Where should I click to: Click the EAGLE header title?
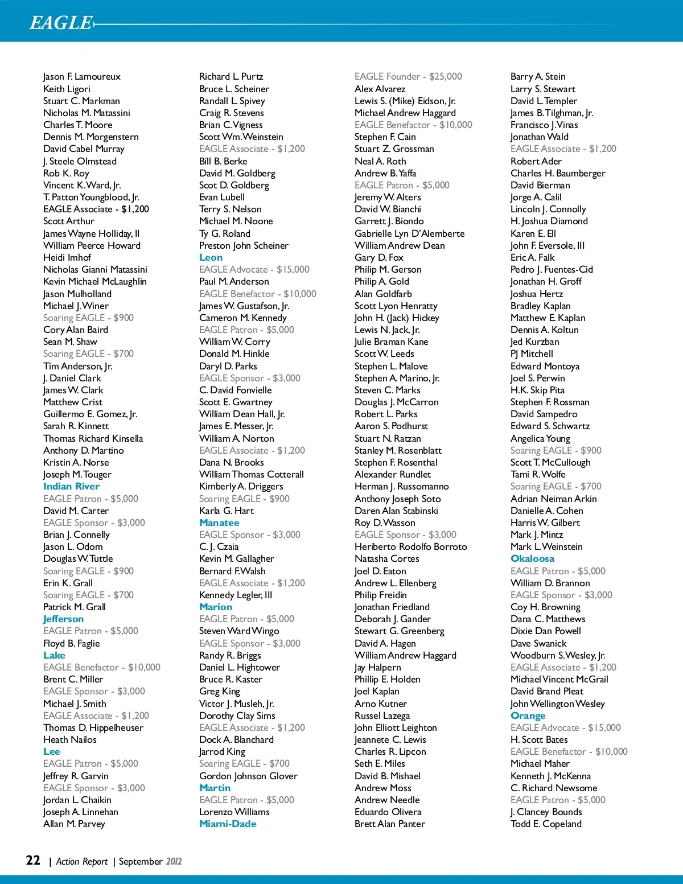tap(60, 22)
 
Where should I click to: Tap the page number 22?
tap(33, 860)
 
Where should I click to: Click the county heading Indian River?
tap(71, 486)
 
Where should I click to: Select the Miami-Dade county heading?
tap(228, 824)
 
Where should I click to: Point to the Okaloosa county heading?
tap(532, 558)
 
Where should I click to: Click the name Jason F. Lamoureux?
tap(82, 76)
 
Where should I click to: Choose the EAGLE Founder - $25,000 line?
tap(408, 76)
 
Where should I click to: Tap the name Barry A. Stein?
tap(538, 76)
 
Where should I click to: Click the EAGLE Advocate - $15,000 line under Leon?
tap(254, 269)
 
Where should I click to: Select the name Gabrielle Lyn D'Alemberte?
tap(409, 233)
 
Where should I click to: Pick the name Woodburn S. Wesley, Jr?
tap(558, 655)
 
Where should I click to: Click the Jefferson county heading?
tap(63, 619)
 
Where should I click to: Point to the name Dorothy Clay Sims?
tap(237, 716)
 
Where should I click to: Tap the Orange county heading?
tap(528, 716)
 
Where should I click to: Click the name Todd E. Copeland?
tap(546, 824)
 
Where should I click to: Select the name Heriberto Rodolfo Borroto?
tap(410, 546)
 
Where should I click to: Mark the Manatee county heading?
tap(219, 523)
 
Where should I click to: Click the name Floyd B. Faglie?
tap(71, 643)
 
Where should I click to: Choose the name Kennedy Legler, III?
tap(236, 595)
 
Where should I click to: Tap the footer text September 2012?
tap(150, 861)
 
